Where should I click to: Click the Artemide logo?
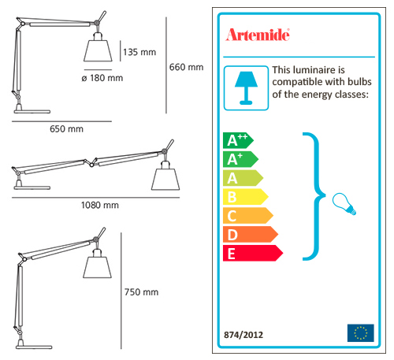point(258,35)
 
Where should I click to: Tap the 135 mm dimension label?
point(139,52)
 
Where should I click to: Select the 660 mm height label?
point(186,67)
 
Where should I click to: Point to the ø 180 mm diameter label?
point(102,78)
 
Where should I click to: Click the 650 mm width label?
point(66,129)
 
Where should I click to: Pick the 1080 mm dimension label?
point(100,205)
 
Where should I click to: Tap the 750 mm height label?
point(141,292)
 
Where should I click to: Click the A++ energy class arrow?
point(238,140)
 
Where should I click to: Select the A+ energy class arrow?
point(240,159)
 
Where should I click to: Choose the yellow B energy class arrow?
point(245,197)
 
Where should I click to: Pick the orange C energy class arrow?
point(248,216)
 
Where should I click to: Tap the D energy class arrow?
point(251,234)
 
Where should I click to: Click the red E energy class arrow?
point(253,253)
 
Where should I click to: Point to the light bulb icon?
point(344,204)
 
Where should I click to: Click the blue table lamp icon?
point(246,88)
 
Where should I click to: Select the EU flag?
point(360,333)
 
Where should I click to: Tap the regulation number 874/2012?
point(243,335)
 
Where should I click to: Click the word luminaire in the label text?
point(315,70)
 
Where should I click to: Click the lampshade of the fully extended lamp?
point(165,179)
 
